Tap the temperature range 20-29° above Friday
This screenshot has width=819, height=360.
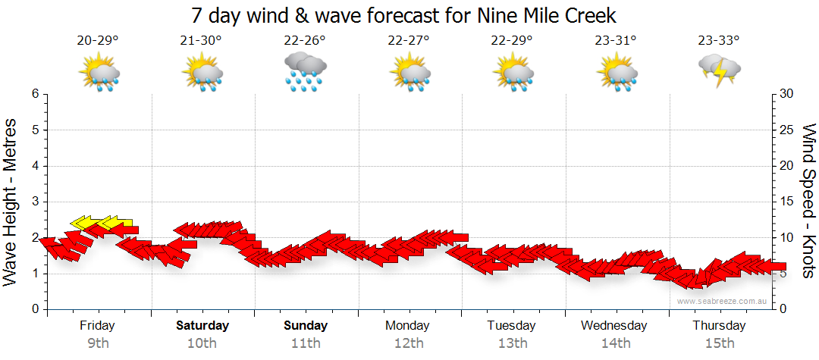point(98,41)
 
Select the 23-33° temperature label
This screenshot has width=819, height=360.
point(719,41)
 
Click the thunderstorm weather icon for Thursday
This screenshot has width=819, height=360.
point(719,71)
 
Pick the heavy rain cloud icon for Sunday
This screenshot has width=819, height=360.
point(305,73)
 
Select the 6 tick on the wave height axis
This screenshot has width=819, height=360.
point(35,94)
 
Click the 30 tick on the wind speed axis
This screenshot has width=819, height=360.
point(788,94)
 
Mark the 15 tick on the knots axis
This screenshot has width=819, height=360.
point(788,202)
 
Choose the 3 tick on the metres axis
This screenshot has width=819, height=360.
point(35,202)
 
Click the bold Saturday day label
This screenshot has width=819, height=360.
point(202,326)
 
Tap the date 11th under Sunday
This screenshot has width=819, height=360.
point(306,343)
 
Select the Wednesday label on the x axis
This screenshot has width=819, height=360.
point(615,326)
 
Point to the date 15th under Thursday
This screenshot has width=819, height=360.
point(719,343)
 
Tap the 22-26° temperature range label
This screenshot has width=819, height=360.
point(305,41)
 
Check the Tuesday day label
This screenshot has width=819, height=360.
point(512,326)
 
